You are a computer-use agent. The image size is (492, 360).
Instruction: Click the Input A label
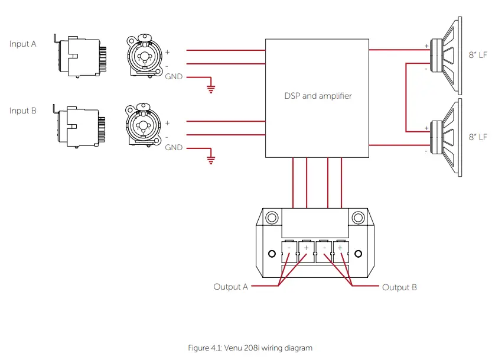click(x=23, y=44)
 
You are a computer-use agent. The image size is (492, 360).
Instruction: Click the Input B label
click(x=23, y=111)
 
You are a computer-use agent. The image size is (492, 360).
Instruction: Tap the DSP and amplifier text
click(x=318, y=95)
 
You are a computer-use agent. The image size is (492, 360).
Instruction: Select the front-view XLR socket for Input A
click(x=142, y=57)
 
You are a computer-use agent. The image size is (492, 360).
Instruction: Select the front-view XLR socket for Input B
click(x=142, y=125)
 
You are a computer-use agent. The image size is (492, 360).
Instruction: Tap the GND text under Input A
click(x=174, y=77)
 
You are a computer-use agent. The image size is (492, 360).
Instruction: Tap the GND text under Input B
click(x=174, y=147)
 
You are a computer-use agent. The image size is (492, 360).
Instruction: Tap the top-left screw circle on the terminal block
click(x=271, y=218)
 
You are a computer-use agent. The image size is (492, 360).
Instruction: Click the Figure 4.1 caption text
click(x=250, y=348)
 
